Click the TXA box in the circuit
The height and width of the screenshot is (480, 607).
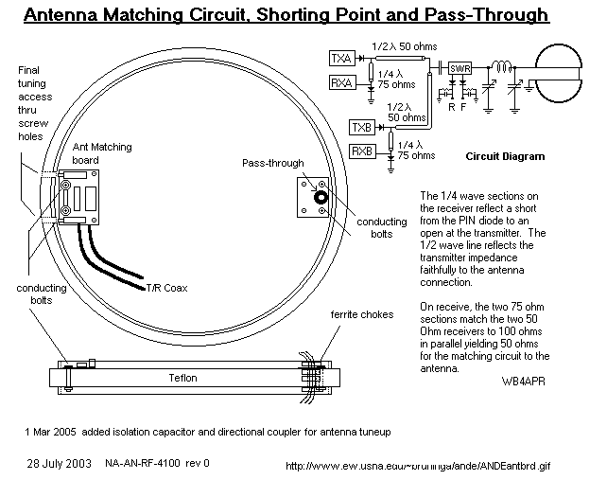340,59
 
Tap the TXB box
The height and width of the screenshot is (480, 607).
360,127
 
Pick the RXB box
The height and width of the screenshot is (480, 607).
360,151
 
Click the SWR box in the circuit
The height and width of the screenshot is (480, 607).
460,68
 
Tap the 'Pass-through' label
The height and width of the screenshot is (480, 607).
273,164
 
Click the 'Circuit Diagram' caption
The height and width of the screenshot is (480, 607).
505,156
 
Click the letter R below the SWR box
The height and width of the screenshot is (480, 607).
451,105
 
